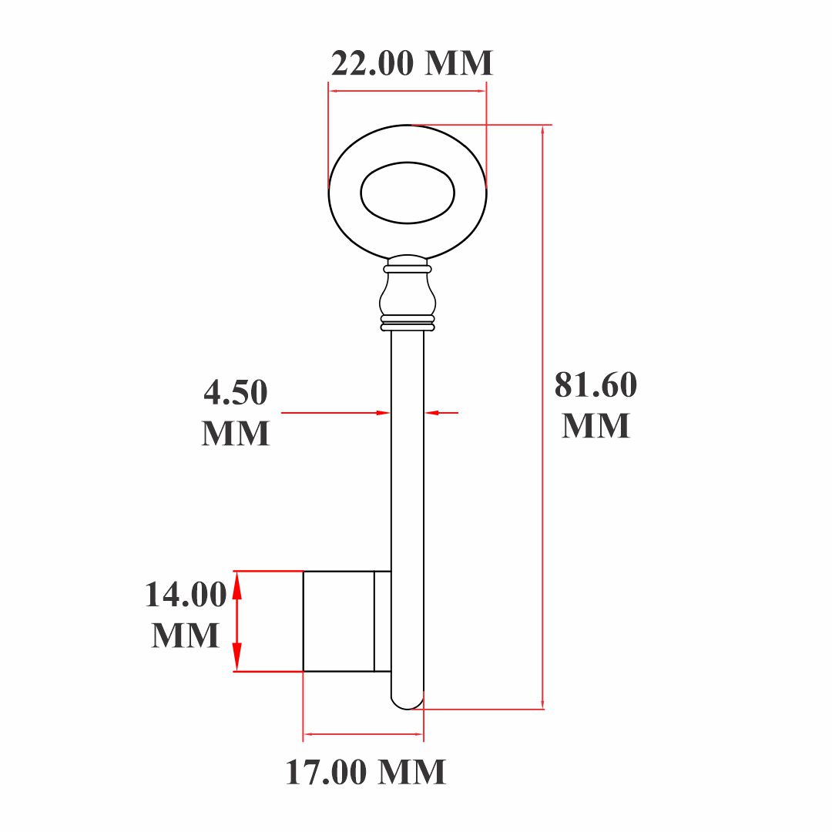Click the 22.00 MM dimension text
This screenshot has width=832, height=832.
click(411, 64)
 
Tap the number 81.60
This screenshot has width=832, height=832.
click(595, 384)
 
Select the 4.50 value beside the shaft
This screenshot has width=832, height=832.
click(236, 393)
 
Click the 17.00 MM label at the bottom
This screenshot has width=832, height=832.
click(366, 772)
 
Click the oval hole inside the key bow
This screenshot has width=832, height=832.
click(408, 193)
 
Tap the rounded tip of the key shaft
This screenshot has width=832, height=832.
click(408, 702)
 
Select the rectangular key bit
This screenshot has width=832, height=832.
click(338, 622)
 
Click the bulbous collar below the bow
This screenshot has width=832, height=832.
click(408, 294)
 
